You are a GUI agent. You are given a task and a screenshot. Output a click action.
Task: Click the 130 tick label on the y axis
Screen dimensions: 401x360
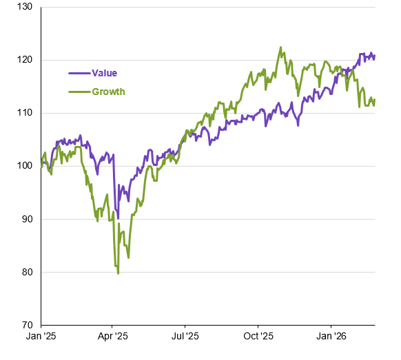(25, 7)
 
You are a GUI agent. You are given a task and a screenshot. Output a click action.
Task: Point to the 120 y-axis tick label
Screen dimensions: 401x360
(25, 60)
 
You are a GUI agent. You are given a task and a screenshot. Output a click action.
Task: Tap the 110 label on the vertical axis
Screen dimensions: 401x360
(25, 113)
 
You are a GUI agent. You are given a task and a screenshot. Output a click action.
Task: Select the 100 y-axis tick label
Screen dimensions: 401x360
(25, 166)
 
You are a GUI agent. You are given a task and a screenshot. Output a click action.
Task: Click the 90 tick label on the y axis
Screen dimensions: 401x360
(27, 219)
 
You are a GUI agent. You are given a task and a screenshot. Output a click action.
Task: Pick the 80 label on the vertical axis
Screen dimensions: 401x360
(27, 272)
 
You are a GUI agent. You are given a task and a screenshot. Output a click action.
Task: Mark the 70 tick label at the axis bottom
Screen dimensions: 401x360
(27, 325)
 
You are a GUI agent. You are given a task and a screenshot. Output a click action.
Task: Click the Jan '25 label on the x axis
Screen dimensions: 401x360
(41, 336)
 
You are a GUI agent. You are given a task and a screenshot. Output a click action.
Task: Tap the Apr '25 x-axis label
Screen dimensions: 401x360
(112, 336)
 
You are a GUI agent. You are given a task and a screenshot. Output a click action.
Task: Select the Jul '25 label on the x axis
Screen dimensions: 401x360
(185, 336)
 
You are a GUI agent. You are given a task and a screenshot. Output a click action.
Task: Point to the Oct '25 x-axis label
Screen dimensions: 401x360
(258, 336)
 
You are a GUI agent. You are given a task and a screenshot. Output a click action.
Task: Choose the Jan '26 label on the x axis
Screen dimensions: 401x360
(331, 336)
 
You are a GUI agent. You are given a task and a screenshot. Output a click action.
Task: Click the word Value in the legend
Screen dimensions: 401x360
(104, 74)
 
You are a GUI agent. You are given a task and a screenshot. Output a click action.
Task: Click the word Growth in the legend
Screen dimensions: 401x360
(108, 92)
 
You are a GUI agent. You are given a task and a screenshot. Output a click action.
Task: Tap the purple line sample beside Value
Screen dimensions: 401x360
(79, 74)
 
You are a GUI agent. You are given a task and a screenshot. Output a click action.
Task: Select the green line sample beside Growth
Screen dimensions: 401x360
(79, 92)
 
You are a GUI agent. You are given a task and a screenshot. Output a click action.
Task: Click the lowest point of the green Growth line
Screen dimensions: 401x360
(118, 274)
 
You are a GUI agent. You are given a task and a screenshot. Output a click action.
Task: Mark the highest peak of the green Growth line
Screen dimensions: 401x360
(281, 47)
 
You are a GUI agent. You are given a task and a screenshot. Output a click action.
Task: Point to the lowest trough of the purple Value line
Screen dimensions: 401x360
(118, 218)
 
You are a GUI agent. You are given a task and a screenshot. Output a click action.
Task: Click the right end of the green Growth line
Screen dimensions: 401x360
(375, 99)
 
